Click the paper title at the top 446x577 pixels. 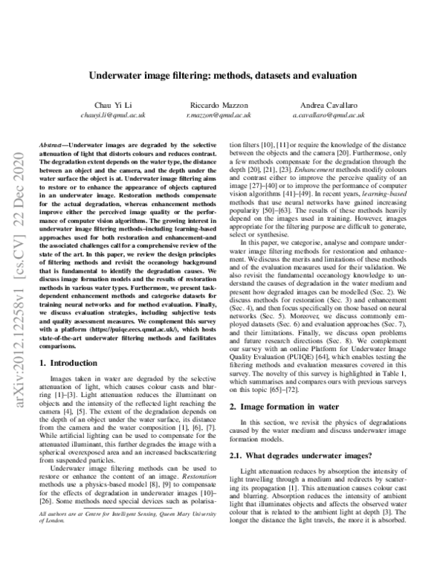click(x=223, y=75)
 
